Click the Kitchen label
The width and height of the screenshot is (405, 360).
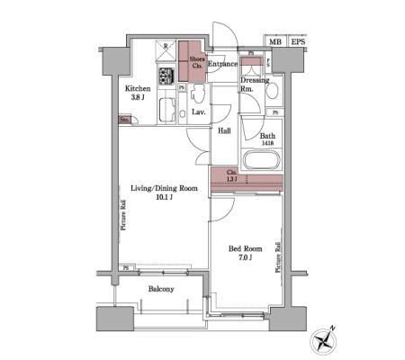(138, 89)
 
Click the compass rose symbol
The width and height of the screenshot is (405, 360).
(323, 340)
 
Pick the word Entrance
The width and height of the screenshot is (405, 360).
(222, 64)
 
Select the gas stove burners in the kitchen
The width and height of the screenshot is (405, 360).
(166, 76)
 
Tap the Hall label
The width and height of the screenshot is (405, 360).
(224, 130)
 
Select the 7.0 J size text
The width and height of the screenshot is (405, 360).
(244, 259)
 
